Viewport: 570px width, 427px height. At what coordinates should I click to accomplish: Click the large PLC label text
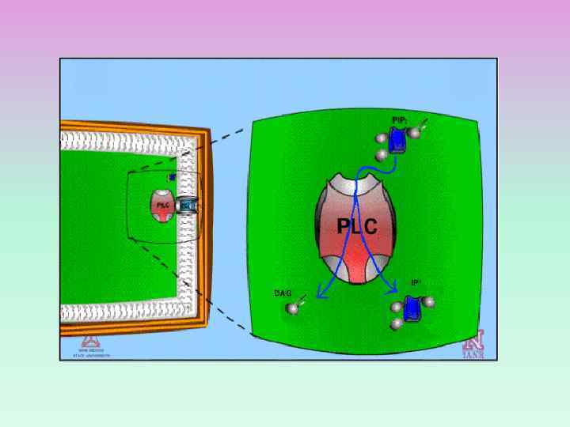coord(357,227)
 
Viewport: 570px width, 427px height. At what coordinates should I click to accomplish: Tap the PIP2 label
coord(399,120)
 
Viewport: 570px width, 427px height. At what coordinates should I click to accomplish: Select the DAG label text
coord(283,293)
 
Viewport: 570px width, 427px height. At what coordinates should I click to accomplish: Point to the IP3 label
coord(416,282)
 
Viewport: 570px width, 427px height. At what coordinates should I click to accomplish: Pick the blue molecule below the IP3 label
coord(411,308)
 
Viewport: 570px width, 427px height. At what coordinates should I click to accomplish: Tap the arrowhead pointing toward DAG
coord(321,296)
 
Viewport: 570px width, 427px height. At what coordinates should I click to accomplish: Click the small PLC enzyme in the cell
coord(163,206)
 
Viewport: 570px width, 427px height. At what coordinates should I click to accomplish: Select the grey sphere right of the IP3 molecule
coord(430,302)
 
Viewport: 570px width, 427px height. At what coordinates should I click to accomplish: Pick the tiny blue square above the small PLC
coord(172,177)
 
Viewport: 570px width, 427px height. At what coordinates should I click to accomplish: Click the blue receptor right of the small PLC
coord(186,206)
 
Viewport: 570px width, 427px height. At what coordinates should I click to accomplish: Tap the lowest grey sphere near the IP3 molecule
coord(398,324)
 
